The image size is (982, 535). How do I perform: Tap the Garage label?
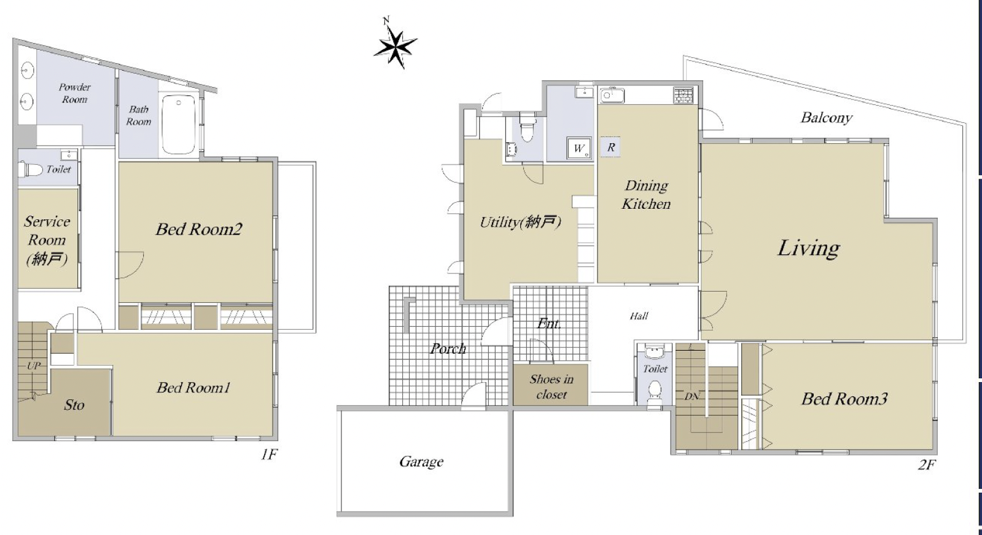click(x=421, y=462)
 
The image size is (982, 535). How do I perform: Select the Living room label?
click(x=809, y=248)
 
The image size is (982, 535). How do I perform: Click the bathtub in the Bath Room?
click(x=179, y=125)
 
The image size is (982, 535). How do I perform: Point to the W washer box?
click(x=579, y=148)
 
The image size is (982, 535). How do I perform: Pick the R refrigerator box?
click(x=610, y=147)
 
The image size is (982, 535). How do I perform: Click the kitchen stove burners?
click(x=684, y=95)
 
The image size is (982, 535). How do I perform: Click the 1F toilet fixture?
click(x=30, y=169)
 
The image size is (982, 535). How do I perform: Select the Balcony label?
click(x=827, y=117)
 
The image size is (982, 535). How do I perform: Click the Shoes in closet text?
click(x=551, y=387)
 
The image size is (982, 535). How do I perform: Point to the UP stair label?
click(x=34, y=365)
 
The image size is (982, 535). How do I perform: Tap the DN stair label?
click(x=692, y=396)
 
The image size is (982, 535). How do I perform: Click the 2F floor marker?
click(x=927, y=464)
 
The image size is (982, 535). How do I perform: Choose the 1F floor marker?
click(x=269, y=455)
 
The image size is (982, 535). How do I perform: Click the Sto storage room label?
click(x=74, y=404)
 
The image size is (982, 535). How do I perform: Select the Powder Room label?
click(x=74, y=93)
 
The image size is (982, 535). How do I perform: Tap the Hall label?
click(x=639, y=316)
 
